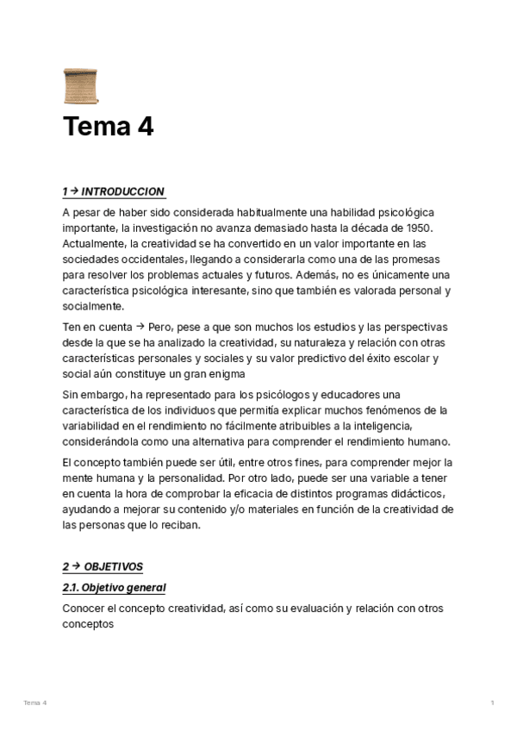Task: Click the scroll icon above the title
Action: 80,87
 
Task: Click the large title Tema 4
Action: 108,128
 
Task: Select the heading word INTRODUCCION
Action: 123,191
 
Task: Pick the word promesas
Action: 415,259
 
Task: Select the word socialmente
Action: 93,305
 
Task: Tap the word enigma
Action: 226,374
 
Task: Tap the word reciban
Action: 180,524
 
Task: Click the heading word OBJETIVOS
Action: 114,566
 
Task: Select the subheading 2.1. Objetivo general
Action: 114,587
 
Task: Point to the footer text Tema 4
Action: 35,703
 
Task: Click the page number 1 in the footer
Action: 492,703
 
